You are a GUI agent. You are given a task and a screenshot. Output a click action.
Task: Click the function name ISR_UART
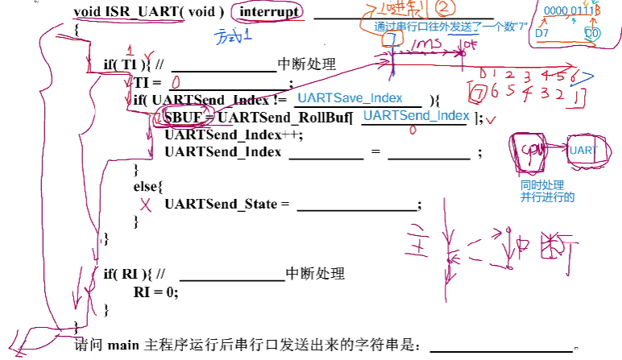135,12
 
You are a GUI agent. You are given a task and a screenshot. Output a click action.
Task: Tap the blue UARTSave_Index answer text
350,97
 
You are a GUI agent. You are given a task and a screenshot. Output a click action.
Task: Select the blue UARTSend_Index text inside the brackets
416,116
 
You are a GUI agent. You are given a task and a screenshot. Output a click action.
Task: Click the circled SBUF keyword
178,118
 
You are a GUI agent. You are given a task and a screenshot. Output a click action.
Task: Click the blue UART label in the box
583,151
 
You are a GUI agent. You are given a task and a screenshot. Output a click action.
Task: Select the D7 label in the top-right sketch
542,33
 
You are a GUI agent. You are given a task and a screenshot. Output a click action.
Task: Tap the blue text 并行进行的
547,197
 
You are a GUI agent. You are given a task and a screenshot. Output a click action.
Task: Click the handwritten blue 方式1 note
234,36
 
